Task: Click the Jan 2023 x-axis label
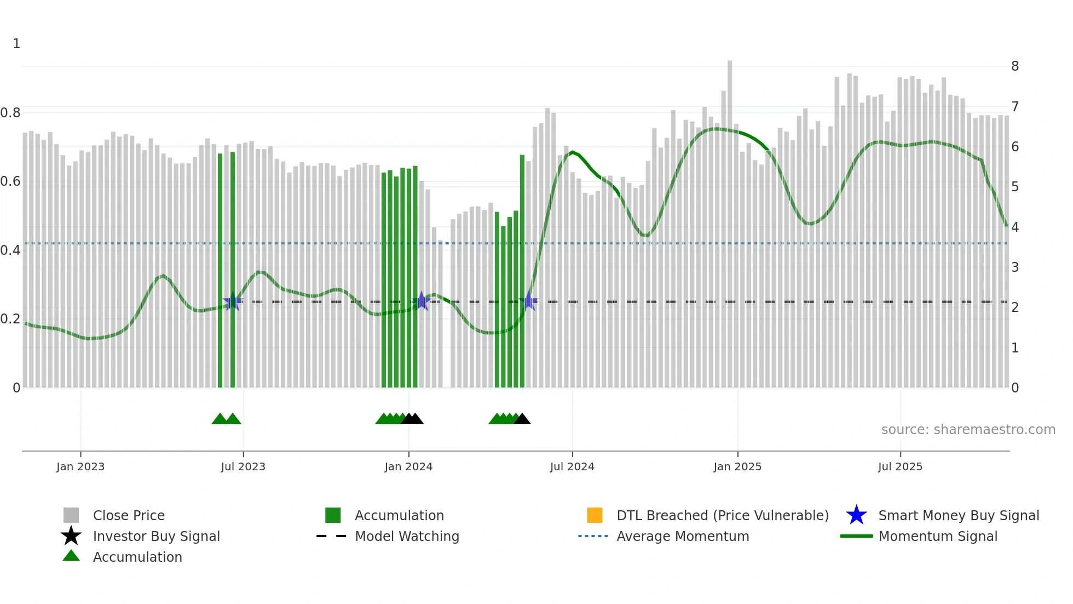point(80,466)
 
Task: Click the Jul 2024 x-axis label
point(572,466)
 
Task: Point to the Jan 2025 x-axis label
point(737,466)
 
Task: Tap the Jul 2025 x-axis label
point(900,466)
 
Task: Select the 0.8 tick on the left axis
point(10,113)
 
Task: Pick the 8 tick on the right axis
point(1015,66)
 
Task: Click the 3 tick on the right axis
point(1015,267)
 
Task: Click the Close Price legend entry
point(129,515)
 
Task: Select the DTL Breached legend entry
point(722,515)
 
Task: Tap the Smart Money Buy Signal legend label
point(959,515)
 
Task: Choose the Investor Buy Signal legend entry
point(156,536)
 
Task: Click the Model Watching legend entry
point(407,536)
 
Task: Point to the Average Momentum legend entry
point(683,536)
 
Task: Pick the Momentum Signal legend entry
point(938,536)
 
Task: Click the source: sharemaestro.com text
point(968,430)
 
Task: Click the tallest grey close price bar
point(730,219)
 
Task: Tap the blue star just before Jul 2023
point(233,301)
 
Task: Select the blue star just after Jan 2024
point(422,300)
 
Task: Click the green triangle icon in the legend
point(71,556)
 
